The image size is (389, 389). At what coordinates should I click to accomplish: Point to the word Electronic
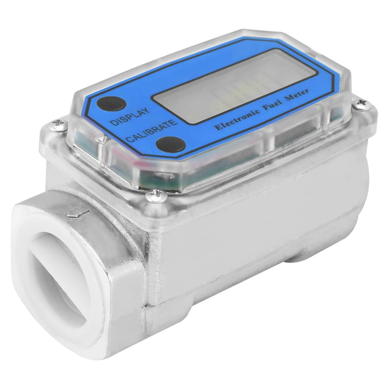pyautogui.click(x=238, y=118)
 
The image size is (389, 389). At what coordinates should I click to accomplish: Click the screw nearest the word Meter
pyautogui.click(x=362, y=104)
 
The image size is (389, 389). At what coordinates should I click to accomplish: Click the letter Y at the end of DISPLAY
pyautogui.click(x=145, y=110)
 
